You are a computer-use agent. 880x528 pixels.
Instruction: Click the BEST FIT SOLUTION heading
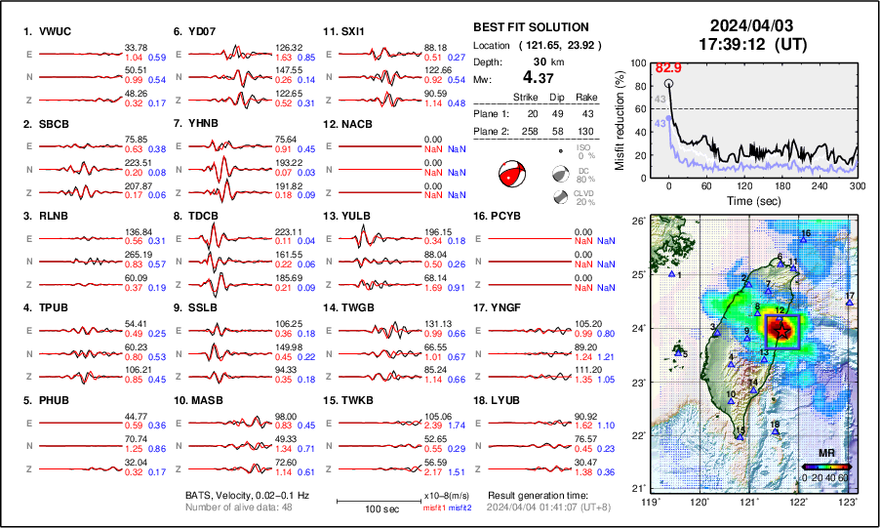tap(531, 27)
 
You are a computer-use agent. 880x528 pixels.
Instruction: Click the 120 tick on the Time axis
tap(744, 185)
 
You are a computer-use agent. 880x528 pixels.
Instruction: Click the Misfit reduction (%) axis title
tap(620, 119)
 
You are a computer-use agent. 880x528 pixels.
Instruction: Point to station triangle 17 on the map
tap(850, 303)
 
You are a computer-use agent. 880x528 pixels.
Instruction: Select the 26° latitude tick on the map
tap(639, 222)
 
